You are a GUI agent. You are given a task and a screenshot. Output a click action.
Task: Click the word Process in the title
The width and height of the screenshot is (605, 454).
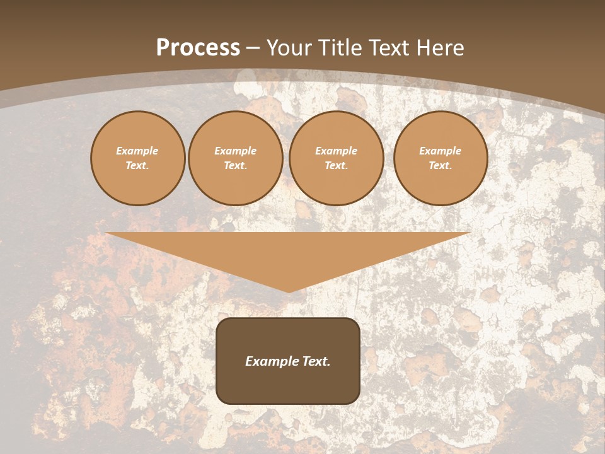point(198,48)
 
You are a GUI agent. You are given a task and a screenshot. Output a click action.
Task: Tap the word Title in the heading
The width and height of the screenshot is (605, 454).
point(340,48)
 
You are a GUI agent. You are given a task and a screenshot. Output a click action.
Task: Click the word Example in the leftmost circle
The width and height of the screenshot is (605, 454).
point(137,151)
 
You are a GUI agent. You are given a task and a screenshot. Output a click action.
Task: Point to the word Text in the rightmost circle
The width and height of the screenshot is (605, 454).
point(441,165)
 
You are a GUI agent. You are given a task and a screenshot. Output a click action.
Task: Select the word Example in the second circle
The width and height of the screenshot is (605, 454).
point(236,151)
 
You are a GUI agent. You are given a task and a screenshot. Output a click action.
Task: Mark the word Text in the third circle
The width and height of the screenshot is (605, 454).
point(337,165)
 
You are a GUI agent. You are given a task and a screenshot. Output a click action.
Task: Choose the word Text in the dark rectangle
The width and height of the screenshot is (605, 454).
point(316,361)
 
